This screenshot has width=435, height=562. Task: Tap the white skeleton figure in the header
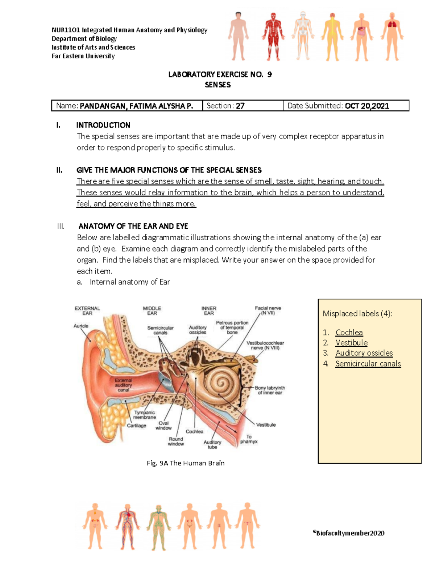302,36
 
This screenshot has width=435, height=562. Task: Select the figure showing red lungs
392,36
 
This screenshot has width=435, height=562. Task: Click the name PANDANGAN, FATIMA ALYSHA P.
136,106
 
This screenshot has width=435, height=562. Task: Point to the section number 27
240,106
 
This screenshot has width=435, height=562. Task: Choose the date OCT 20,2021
367,106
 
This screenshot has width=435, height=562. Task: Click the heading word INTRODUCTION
103,125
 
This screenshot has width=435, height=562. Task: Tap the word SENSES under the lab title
217,85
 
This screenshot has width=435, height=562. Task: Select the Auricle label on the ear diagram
81,326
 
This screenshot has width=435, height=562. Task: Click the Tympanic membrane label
144,415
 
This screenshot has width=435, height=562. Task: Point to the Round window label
176,441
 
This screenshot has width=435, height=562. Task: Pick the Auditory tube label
212,444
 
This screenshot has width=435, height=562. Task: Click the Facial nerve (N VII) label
268,310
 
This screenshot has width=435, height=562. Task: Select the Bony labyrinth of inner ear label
270,390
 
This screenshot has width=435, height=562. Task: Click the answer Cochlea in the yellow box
349,332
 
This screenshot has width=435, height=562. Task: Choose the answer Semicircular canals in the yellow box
368,364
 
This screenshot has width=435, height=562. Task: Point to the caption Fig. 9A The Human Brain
186,463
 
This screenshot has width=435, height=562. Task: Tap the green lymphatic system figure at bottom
158,527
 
